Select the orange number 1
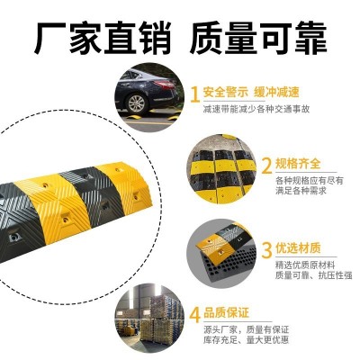tap(193, 92)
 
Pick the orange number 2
tap(265, 166)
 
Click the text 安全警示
tap(224, 92)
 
